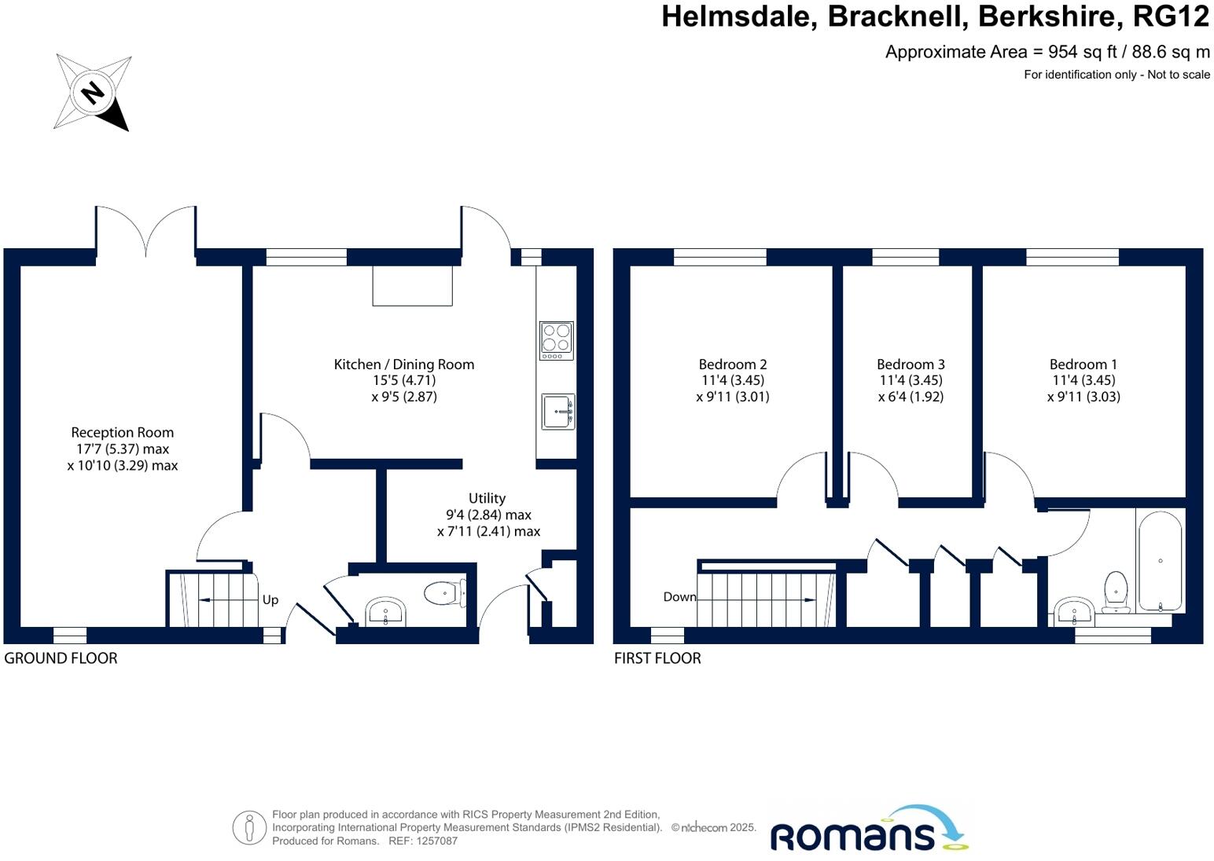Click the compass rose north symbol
click(93, 93)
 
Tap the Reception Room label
click(123, 433)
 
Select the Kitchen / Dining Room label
click(404, 365)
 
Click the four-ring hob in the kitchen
click(556, 340)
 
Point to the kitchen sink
click(557, 411)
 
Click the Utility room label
click(487, 499)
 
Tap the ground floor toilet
click(445, 593)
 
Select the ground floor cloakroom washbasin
click(385, 611)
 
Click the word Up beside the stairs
click(270, 600)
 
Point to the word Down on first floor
click(679, 597)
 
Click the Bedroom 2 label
click(733, 365)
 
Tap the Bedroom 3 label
click(910, 365)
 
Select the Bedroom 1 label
click(1083, 365)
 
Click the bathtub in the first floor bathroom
click(1160, 560)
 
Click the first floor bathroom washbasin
click(1073, 610)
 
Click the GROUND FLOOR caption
click(61, 658)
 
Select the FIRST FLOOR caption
click(657, 658)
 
